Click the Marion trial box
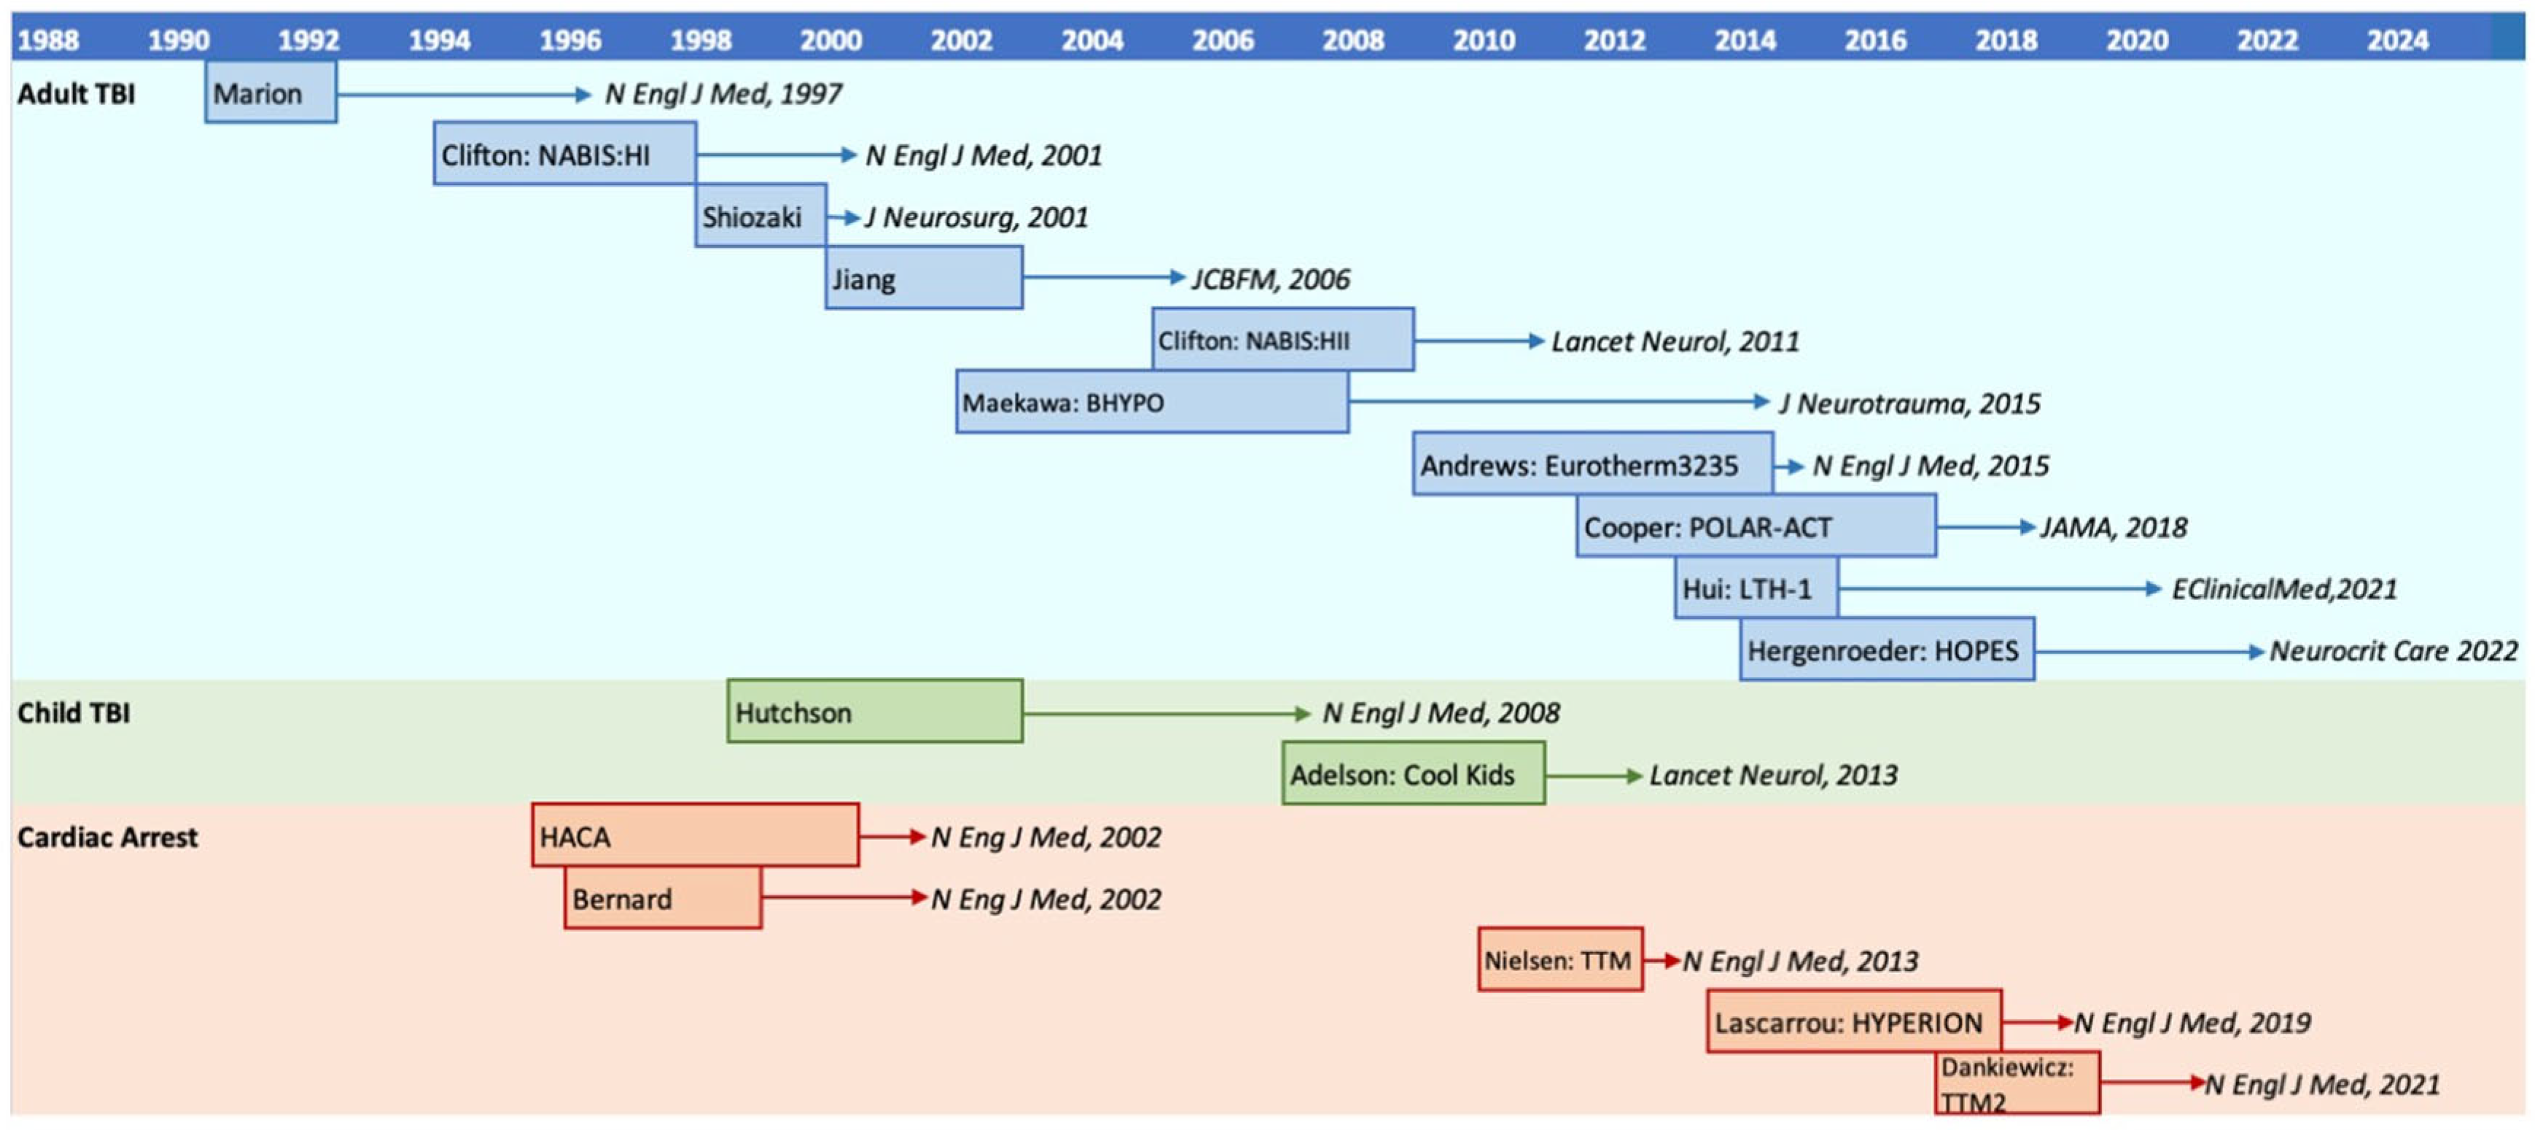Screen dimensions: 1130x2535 point(270,93)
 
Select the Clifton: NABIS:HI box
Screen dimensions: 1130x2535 point(565,155)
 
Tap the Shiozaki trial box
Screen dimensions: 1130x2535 point(760,216)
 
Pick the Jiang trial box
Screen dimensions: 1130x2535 point(924,278)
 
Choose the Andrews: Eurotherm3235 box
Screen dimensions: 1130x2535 point(1592,464)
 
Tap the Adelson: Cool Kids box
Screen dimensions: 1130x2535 point(1413,775)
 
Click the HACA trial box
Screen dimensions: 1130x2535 point(695,837)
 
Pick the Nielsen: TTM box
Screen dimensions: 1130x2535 point(1559,959)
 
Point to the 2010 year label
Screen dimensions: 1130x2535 point(1483,40)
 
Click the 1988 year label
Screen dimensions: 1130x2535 point(48,40)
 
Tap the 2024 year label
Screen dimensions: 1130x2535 point(2397,40)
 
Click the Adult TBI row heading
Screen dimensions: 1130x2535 point(76,93)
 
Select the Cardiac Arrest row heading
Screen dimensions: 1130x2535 point(107,837)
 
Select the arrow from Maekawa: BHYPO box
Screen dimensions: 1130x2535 point(1559,402)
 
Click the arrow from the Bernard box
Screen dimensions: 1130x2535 point(844,897)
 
